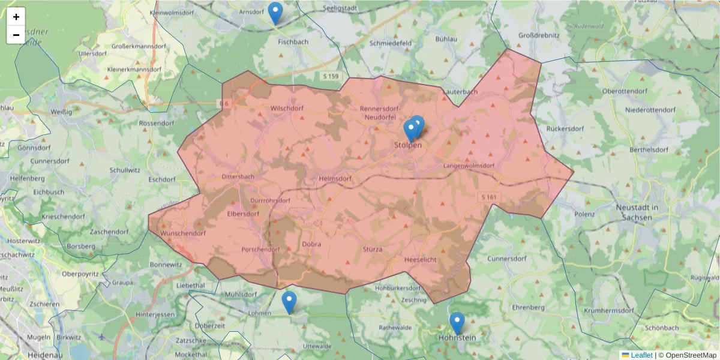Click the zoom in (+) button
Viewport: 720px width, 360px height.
[x=16, y=17]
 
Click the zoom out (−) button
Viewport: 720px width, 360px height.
[x=16, y=35]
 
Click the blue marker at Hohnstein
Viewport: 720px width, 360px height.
[x=457, y=323]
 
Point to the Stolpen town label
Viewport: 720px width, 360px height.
[x=408, y=145]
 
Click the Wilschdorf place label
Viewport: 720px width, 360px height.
[x=287, y=109]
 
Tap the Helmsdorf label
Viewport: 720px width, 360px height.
[x=335, y=178]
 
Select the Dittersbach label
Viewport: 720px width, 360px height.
[x=238, y=177]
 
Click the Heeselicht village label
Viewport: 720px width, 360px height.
[x=421, y=259]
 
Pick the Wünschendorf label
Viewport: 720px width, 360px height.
[x=184, y=233]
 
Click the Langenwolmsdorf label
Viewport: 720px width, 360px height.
[x=469, y=166]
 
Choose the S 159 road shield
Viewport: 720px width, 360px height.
[x=331, y=76]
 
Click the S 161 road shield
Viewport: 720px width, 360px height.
[x=489, y=197]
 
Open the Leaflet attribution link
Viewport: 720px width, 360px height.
[x=641, y=355]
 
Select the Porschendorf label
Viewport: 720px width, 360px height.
[x=260, y=249]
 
